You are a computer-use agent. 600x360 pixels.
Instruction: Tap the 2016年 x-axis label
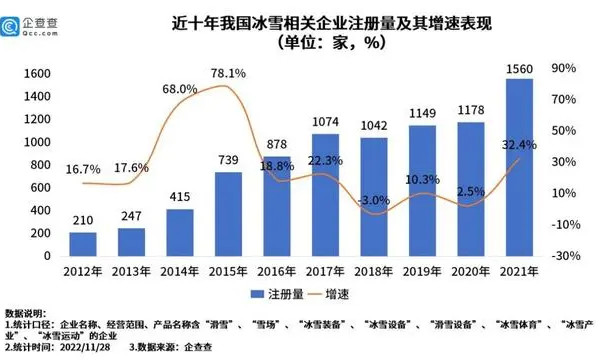click(278, 271)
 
